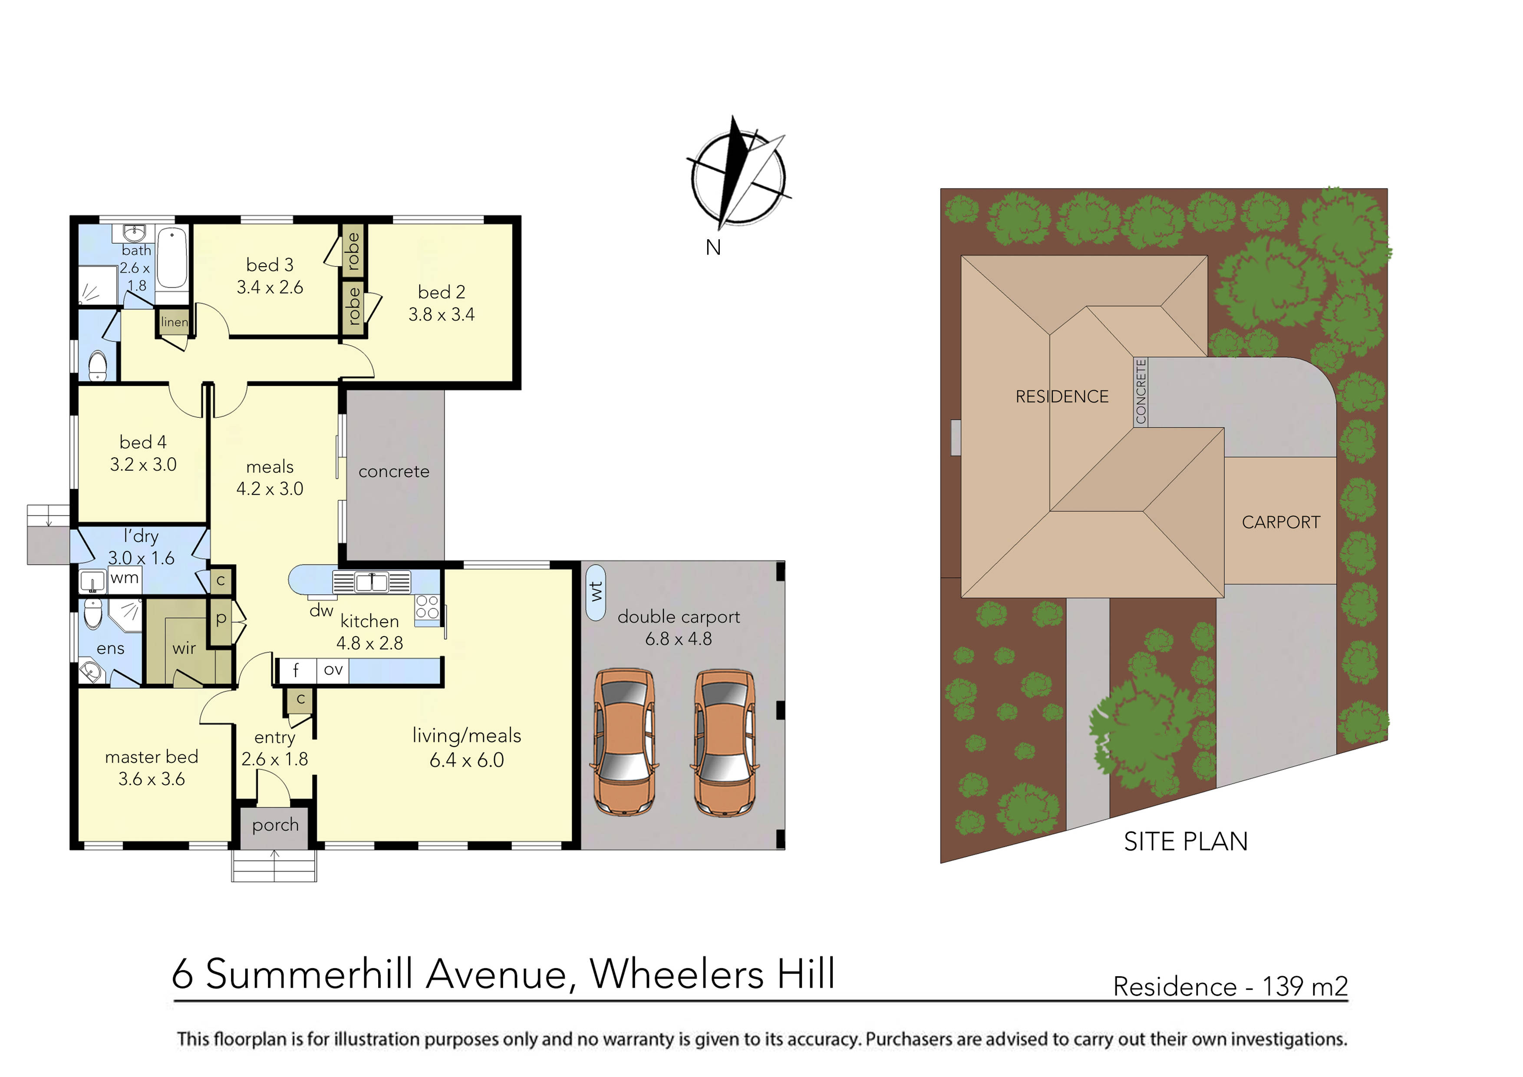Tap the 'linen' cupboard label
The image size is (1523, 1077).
(x=174, y=322)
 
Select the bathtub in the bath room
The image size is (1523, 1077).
(x=172, y=259)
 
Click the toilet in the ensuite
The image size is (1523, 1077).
(x=93, y=614)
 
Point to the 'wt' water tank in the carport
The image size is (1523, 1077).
(x=596, y=592)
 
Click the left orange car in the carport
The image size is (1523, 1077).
(x=624, y=742)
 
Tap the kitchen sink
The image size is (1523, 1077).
(x=372, y=583)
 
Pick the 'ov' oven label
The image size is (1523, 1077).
(x=333, y=670)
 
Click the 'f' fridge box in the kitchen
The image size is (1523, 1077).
(x=296, y=670)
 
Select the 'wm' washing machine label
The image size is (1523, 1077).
(x=124, y=578)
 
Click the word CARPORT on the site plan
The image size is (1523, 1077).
(x=1280, y=522)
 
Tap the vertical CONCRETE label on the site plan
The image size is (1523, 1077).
(x=1140, y=392)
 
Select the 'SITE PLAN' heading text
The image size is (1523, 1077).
(x=1185, y=842)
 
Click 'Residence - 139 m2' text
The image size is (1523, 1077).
(x=1230, y=987)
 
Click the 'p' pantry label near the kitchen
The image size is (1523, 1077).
(x=221, y=618)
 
